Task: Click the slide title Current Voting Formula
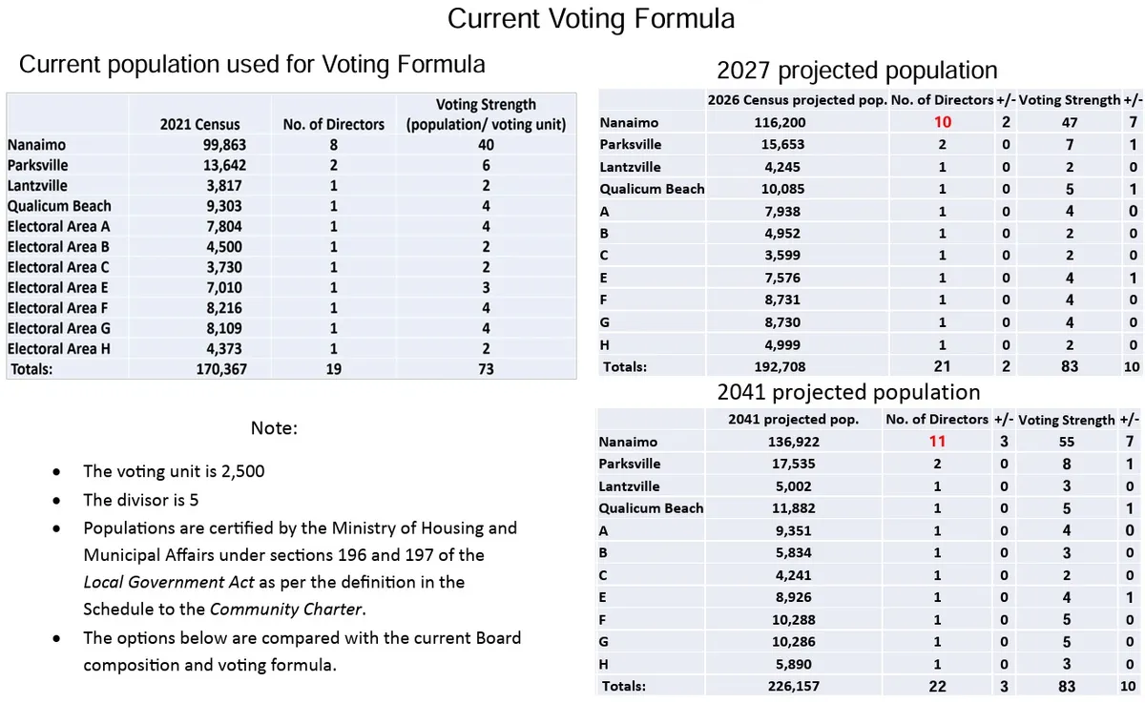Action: pyautogui.click(x=591, y=19)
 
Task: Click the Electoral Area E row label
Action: pyautogui.click(x=58, y=287)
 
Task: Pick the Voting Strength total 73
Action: pyautogui.click(x=486, y=369)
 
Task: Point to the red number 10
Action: pyautogui.click(x=942, y=122)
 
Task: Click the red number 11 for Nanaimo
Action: pyautogui.click(x=937, y=442)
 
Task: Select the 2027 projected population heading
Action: pyautogui.click(x=856, y=70)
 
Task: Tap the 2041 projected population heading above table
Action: pyautogui.click(x=848, y=392)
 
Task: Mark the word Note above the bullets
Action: pyautogui.click(x=274, y=428)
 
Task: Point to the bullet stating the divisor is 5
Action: pyautogui.click(x=141, y=500)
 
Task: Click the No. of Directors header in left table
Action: pyautogui.click(x=334, y=124)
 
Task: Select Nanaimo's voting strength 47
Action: pyautogui.click(x=1069, y=122)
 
